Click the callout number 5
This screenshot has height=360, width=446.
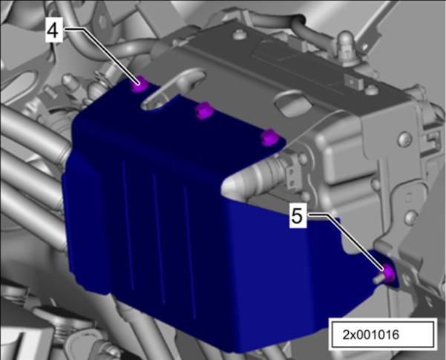click(298, 217)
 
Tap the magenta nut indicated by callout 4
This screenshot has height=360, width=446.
click(139, 85)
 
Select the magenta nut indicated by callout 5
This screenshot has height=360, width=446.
click(388, 272)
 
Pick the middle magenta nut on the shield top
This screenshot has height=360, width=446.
click(203, 111)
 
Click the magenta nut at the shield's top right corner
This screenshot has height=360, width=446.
click(269, 137)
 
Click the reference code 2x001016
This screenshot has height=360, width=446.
click(370, 335)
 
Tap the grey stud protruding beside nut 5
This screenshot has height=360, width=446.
click(378, 279)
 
